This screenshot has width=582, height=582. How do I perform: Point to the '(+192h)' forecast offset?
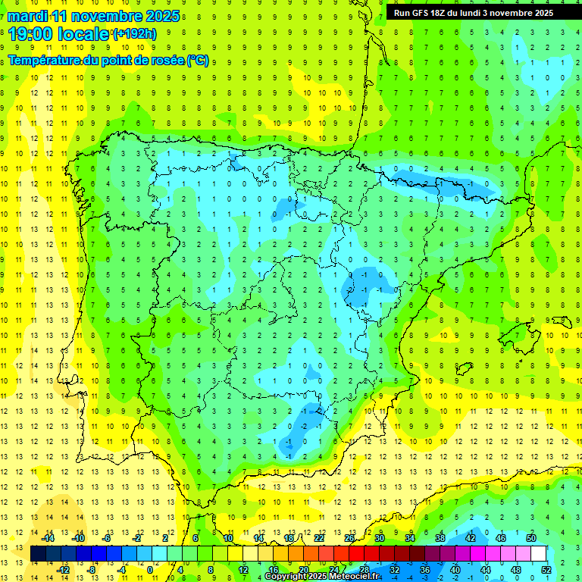click(134, 34)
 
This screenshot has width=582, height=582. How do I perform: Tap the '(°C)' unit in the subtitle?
click(197, 61)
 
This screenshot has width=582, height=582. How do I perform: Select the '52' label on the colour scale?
click(546, 569)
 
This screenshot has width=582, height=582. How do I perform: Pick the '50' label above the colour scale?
click(531, 538)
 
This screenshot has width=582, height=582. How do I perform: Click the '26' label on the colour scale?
click(349, 538)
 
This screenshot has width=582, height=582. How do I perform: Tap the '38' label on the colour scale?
click(440, 538)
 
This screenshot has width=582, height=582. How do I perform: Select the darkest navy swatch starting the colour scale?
click(38, 553)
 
